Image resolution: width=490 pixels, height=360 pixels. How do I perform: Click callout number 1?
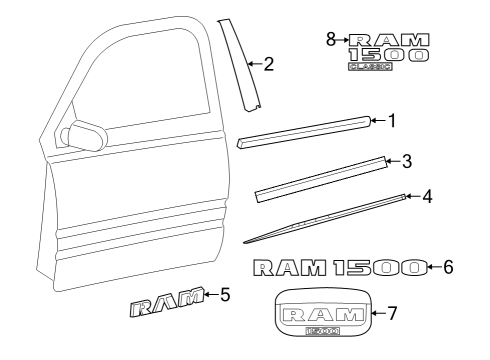tap(392, 122)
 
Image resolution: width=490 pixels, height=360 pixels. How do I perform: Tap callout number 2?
tap(268, 65)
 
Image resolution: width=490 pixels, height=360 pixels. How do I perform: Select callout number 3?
tap(407, 160)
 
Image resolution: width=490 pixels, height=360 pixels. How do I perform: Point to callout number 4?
tap(426, 197)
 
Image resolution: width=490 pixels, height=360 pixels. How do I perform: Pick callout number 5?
tap(225, 295)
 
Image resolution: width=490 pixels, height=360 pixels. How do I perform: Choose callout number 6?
tap(448, 267)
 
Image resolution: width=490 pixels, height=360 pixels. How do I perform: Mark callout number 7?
tap(393, 313)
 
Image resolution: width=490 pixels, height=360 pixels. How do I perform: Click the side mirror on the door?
tap(85, 134)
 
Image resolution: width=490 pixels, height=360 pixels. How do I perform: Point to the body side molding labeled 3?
tap(321, 178)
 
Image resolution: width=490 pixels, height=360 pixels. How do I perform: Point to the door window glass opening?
tap(150, 80)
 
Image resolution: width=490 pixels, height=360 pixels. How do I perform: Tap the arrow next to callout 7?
tap(376, 313)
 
